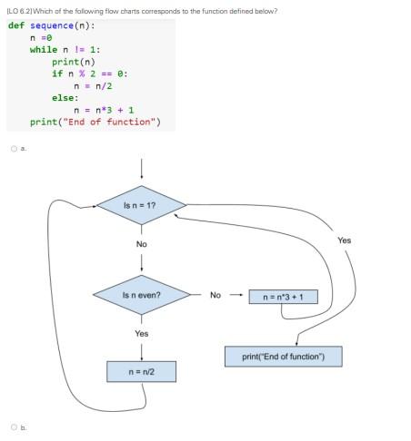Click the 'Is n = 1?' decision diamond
[141, 206]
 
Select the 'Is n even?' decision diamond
[141, 295]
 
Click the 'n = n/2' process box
[141, 371]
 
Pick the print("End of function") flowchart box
[283, 356]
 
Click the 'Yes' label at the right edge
[344, 240]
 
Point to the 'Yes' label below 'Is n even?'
[141, 333]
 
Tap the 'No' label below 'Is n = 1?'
[141, 245]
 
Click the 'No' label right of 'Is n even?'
[215, 295]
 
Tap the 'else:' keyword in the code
[65, 97]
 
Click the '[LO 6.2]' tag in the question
[17, 11]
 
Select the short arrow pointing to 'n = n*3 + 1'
[236, 295]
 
